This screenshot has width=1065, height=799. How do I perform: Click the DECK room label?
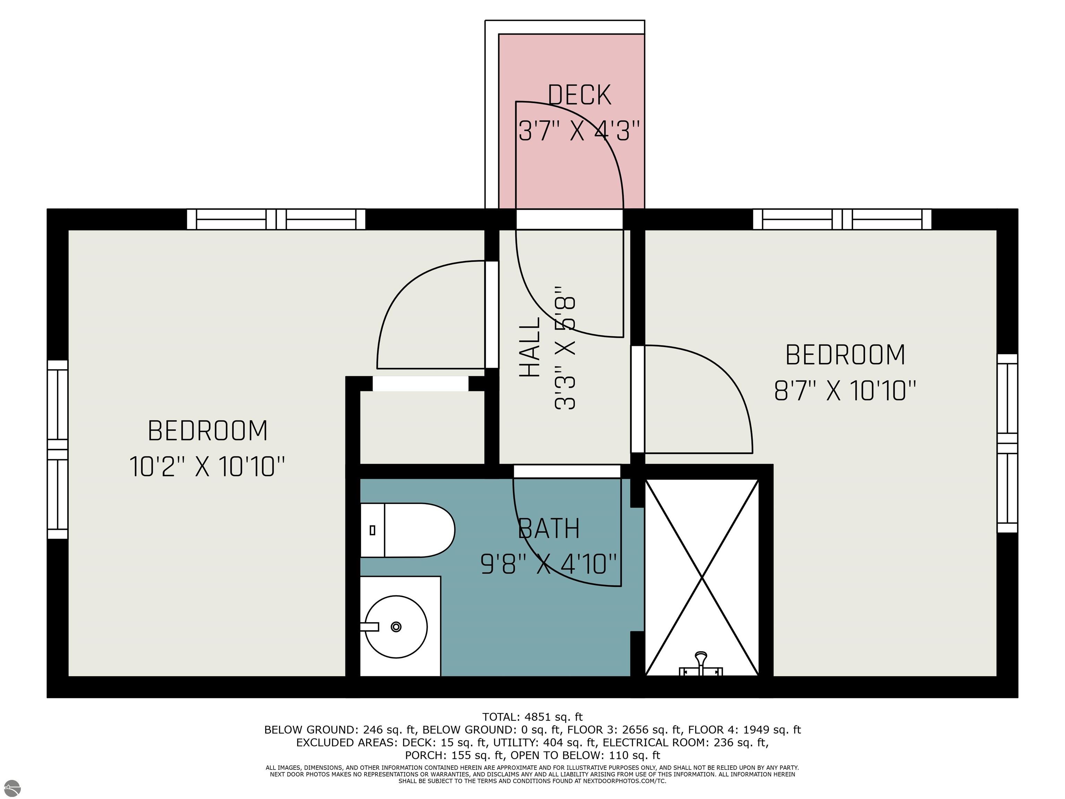coord(579,95)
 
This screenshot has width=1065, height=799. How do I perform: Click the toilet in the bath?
coord(407,530)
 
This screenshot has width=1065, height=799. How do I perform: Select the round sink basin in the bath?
coord(396,627)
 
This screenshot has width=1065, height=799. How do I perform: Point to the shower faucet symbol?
coord(701,665)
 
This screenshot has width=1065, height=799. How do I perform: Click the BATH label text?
coord(548,529)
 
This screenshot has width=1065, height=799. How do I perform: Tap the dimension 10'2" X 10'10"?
coord(207,467)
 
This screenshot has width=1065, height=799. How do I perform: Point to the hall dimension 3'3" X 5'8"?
coord(565,348)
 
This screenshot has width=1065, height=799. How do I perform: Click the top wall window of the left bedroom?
coord(276,220)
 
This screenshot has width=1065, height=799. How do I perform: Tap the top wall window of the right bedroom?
coord(842,220)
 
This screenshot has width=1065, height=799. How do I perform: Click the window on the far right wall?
coord(1007,443)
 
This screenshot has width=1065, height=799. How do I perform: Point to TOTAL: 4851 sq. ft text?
coord(532,717)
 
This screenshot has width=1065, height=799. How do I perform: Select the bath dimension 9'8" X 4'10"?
coord(548,564)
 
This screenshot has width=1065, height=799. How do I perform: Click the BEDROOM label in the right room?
coord(845,355)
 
